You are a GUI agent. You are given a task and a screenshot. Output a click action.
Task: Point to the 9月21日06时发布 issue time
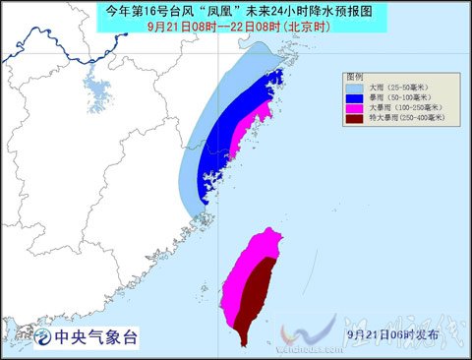point(394,334)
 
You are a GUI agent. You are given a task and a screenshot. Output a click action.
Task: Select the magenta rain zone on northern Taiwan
point(258,246)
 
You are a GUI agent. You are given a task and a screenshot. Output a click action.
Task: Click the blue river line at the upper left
point(39,44)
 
